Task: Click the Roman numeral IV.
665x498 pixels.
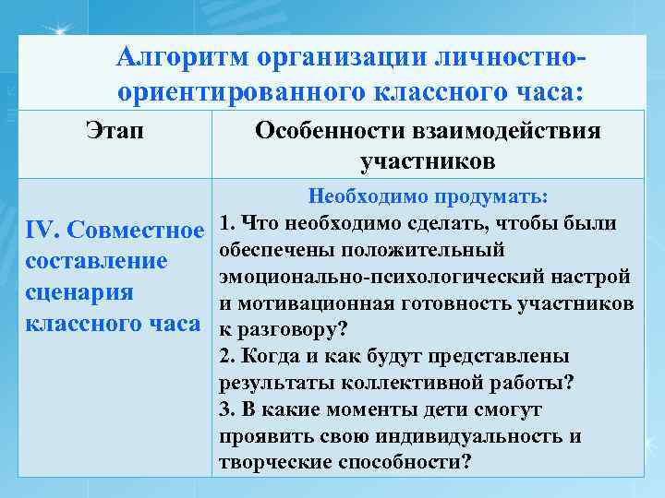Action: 41,229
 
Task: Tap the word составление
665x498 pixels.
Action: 96,261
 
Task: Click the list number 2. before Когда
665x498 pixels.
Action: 228,356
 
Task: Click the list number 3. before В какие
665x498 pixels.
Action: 228,409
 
